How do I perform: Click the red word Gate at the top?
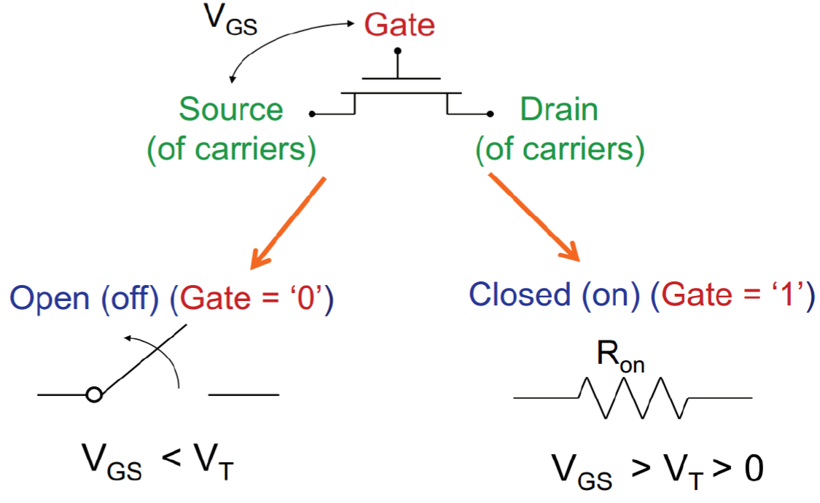tap(399, 26)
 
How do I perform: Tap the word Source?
tap(231, 110)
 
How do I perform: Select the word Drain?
tap(558, 110)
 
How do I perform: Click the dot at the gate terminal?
tap(397, 52)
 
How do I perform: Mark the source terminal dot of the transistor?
tap(312, 114)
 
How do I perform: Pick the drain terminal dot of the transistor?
tap(491, 114)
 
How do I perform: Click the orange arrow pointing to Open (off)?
tap(286, 223)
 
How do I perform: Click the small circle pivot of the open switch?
tap(93, 395)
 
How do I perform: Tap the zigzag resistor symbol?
tap(633, 397)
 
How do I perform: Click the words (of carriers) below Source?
tap(231, 149)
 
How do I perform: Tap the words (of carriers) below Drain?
tap(560, 149)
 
